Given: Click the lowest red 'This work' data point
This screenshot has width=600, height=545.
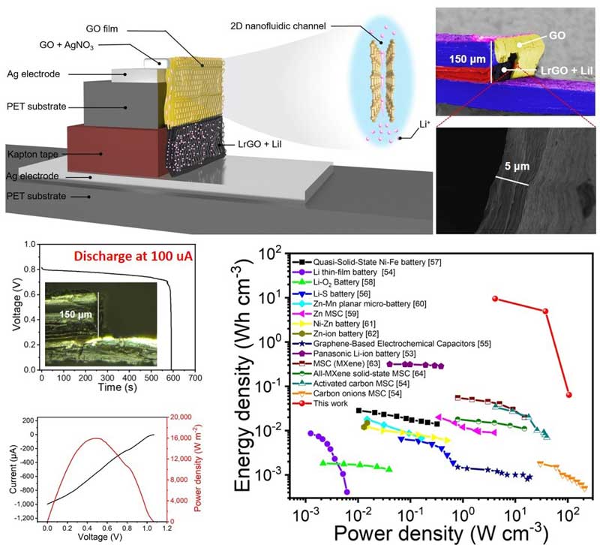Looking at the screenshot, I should point(568,395).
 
